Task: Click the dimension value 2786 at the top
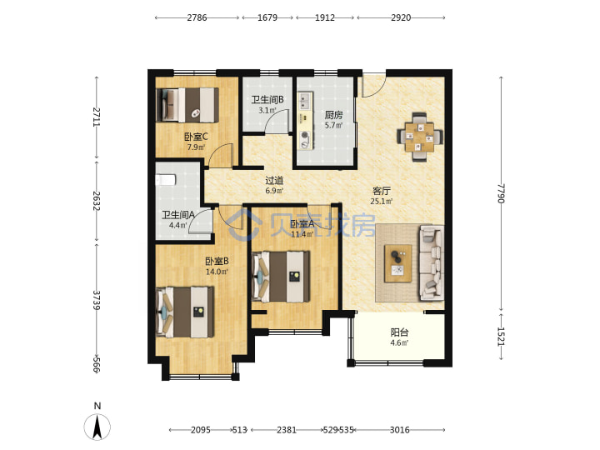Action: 197,17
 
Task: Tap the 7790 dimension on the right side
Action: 501,193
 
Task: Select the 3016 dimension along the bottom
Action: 399,430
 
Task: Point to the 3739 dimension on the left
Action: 97,300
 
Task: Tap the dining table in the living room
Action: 420,137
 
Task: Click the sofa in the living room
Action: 432,262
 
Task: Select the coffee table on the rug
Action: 398,263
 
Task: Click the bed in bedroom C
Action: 187,105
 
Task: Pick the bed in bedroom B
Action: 185,312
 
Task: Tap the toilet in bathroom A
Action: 165,179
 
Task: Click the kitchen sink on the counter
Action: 304,101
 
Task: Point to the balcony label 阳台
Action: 399,332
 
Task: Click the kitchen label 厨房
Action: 333,115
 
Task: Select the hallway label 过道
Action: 274,180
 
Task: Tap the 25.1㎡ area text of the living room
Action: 382,202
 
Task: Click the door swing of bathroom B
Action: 277,122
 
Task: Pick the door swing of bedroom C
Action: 222,155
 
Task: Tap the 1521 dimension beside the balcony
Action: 501,337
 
